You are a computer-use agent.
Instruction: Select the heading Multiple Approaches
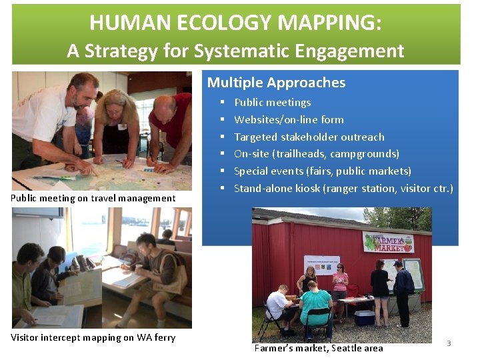click(276, 83)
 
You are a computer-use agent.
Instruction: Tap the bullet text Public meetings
click(272, 102)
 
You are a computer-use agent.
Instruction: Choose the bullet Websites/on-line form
click(289, 119)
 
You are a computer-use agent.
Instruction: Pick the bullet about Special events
click(323, 171)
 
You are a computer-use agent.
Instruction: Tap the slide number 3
click(449, 343)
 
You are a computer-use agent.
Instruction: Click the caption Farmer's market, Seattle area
click(319, 348)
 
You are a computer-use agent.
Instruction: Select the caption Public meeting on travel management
click(93, 198)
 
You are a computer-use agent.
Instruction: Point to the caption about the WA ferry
click(93, 337)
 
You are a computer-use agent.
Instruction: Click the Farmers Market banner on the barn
click(388, 241)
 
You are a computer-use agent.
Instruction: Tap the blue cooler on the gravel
click(364, 317)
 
